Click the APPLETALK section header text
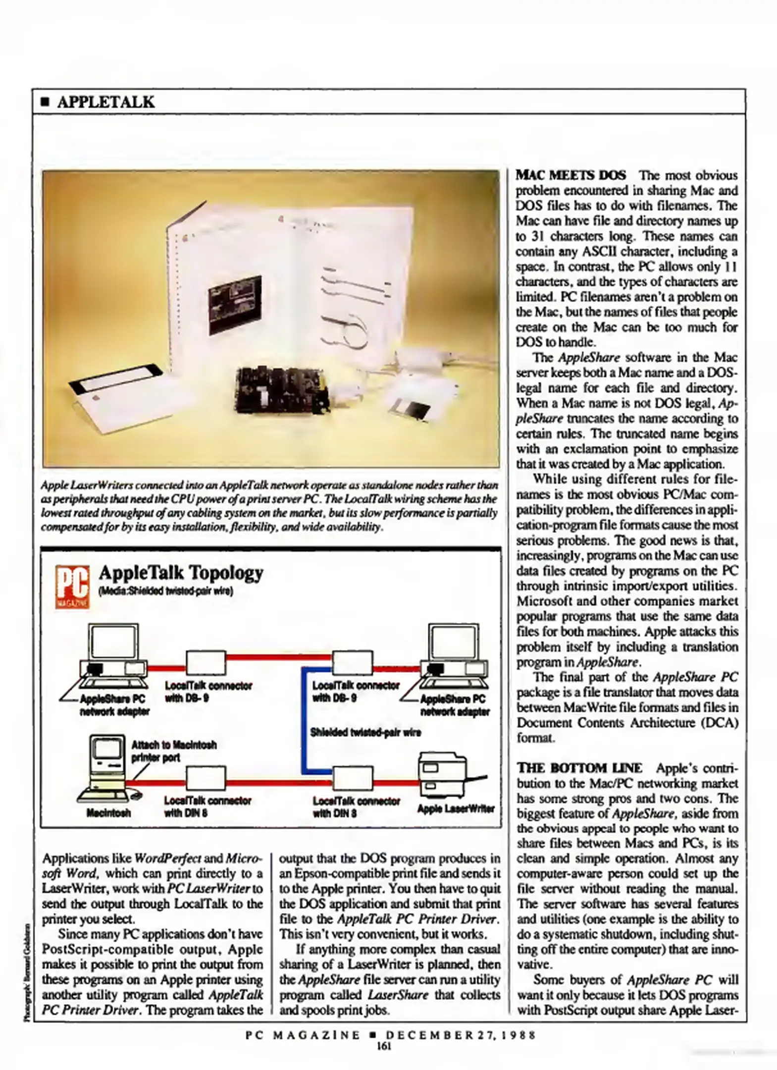(105, 102)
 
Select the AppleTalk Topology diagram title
(181, 573)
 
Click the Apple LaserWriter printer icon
(445, 776)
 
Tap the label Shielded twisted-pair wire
(365, 732)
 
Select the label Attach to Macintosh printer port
(173, 751)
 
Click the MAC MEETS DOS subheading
(570, 175)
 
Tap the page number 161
(384, 1046)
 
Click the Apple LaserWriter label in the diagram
(456, 809)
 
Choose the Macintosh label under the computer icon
(108, 813)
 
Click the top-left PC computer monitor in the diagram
(113, 642)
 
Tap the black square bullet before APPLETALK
(45, 103)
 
